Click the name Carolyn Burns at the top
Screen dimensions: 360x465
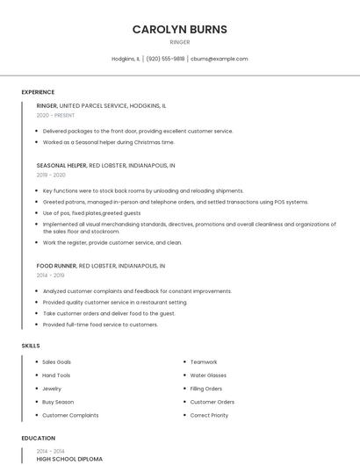179,29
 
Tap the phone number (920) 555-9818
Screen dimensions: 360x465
165,59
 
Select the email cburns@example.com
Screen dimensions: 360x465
220,59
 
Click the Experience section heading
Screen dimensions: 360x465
38,92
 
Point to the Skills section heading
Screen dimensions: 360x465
31,346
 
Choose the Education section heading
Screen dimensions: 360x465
38,438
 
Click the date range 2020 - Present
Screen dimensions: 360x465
55,115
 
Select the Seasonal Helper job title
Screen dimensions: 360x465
61,165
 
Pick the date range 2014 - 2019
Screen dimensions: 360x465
52,275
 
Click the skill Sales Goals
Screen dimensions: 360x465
56,361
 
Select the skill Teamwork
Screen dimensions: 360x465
204,361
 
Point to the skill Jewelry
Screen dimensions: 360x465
52,389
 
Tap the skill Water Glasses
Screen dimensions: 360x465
208,376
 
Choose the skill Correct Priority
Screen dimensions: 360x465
209,415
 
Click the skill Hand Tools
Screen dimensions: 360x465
56,376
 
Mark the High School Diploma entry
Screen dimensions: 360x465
69,459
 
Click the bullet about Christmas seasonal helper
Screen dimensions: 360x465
108,141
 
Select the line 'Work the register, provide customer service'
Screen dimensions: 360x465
112,242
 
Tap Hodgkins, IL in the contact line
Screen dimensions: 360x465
126,59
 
